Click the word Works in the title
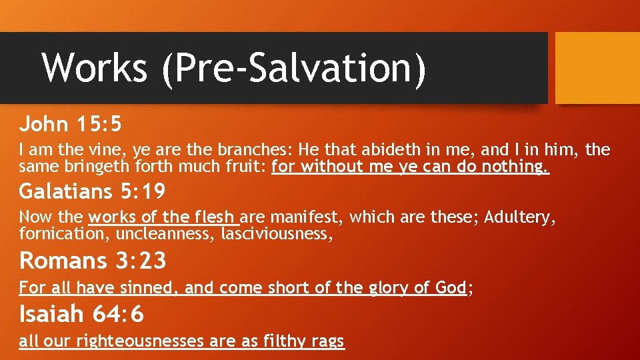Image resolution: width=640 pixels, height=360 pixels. [x=95, y=68]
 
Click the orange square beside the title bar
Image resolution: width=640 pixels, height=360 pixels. [x=597, y=68]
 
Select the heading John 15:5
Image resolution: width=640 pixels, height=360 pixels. [x=71, y=124]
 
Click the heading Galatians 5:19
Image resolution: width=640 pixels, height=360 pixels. [x=92, y=192]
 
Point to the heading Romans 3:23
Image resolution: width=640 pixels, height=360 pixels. [x=93, y=261]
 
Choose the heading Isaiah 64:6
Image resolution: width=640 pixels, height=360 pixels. [x=81, y=313]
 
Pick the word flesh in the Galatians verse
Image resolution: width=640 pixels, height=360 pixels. [x=213, y=217]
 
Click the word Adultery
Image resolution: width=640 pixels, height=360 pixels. [x=520, y=217]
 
